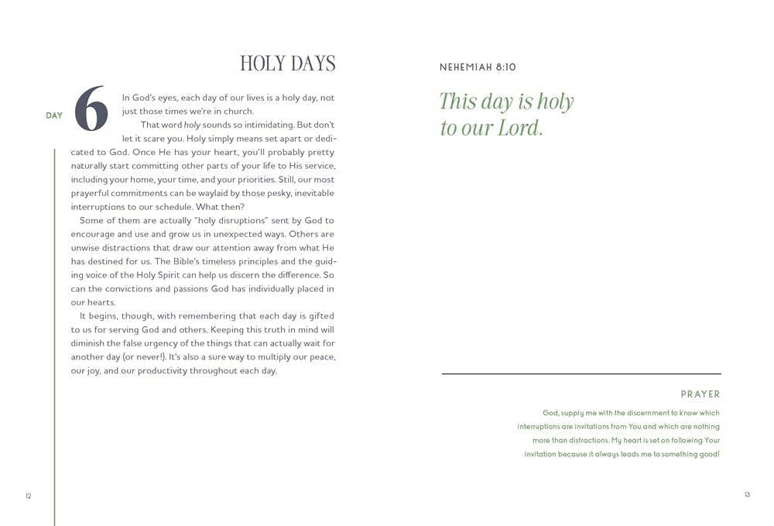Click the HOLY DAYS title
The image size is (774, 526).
click(287, 64)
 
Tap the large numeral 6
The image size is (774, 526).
click(91, 109)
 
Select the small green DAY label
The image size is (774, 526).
click(54, 115)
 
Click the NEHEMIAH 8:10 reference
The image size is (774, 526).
click(478, 67)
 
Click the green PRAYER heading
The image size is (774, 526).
click(700, 394)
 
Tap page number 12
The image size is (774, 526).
click(28, 496)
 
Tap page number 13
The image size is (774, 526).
click(747, 495)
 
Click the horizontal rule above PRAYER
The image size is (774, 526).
click(581, 374)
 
